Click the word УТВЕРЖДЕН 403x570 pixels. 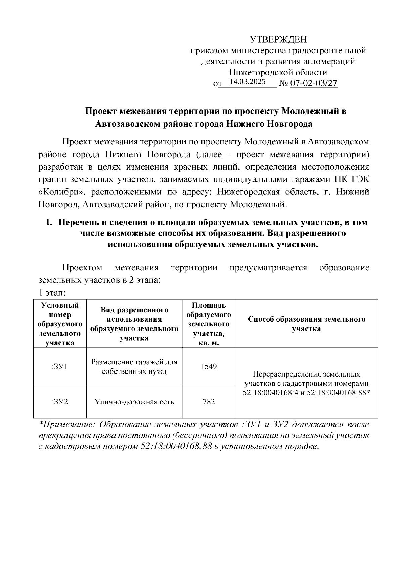point(278,40)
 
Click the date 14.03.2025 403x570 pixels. point(247,82)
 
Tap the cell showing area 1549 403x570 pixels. point(209,366)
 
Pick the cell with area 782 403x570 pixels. point(209,402)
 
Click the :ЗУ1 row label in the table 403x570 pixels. point(60,366)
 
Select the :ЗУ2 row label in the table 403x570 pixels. point(60,402)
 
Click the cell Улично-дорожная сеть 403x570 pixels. point(134,402)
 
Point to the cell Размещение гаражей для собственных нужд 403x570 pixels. point(134,367)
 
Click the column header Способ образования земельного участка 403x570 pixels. point(306,324)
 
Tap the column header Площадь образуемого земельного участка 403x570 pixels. point(209,324)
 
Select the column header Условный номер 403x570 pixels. point(60,324)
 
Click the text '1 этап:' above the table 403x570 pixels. point(52,293)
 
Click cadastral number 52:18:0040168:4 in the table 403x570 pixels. point(270,393)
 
